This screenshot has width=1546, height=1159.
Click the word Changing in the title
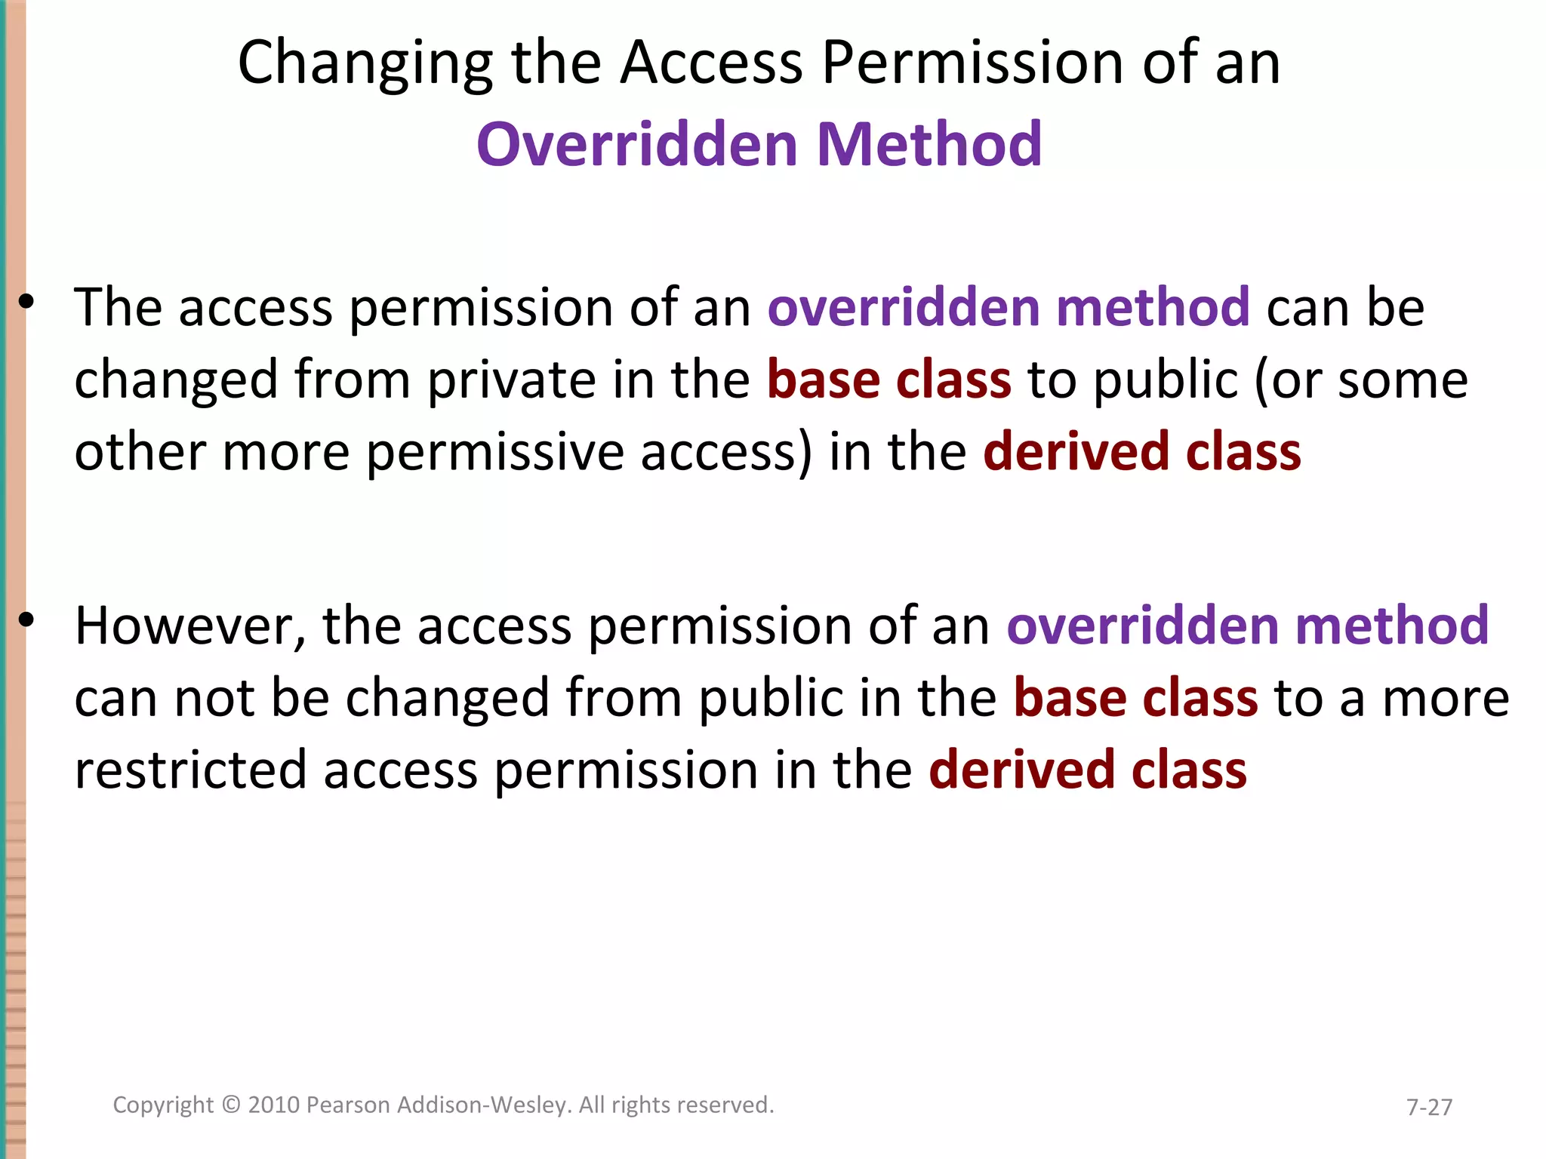click(x=365, y=64)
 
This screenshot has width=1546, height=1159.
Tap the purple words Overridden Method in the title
click(x=759, y=144)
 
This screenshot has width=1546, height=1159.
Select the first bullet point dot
click(x=26, y=302)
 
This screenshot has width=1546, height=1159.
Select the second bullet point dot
click(x=26, y=620)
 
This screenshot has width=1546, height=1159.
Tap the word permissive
click(x=494, y=453)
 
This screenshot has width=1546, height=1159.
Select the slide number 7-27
click(x=1429, y=1107)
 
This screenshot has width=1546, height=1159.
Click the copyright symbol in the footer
click(x=231, y=1105)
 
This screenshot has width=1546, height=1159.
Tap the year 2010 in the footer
click(x=274, y=1105)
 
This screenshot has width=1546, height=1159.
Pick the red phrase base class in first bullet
click(x=888, y=380)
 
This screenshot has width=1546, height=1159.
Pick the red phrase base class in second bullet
click(x=1135, y=698)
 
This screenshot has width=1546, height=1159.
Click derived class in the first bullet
click(x=1141, y=452)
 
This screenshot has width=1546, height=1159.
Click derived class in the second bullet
click(x=1087, y=770)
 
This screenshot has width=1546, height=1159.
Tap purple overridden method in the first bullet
click(x=1009, y=307)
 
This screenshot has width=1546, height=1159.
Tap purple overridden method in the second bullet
click(x=1247, y=626)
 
